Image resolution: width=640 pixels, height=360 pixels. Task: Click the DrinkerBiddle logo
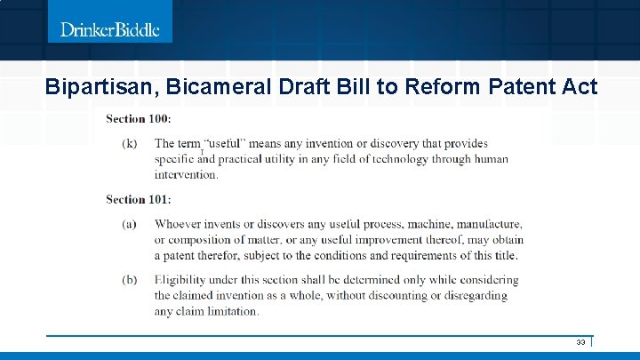point(109,29)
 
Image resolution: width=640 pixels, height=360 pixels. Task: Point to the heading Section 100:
point(139,118)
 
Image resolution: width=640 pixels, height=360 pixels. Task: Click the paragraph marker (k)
point(130,143)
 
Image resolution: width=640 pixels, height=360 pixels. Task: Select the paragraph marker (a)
point(130,223)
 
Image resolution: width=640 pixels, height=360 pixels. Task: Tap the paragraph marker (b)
point(130,279)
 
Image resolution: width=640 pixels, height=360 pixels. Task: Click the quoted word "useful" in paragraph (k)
point(225,143)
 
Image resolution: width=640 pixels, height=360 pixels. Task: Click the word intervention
point(186,174)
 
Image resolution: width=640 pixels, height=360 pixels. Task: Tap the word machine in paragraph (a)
point(399,223)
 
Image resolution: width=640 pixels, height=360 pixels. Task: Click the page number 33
point(580,342)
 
